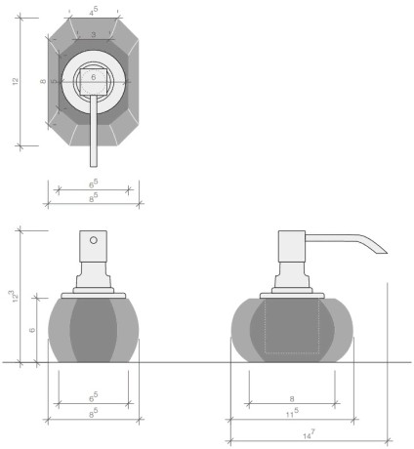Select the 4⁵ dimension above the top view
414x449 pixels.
(x=94, y=13)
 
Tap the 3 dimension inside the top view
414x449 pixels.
(x=94, y=34)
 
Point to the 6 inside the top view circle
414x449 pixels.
(x=94, y=75)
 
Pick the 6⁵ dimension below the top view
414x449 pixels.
(x=94, y=183)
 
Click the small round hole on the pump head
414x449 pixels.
(x=94, y=239)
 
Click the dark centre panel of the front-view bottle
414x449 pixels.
(x=94, y=332)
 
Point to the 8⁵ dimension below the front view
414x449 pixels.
(x=94, y=415)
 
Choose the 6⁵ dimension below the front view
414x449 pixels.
(x=94, y=397)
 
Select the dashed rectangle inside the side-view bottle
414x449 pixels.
(x=294, y=325)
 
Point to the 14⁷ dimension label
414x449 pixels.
(x=309, y=432)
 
